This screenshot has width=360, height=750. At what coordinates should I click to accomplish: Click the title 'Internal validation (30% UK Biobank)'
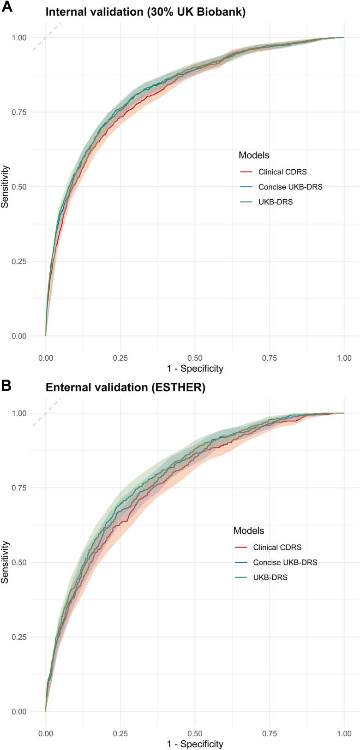click(145, 12)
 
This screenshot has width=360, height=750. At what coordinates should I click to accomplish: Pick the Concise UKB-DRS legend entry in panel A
click(290, 187)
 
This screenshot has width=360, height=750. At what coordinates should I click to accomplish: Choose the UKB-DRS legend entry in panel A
click(276, 202)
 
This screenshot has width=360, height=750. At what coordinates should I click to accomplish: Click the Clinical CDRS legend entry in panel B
click(277, 548)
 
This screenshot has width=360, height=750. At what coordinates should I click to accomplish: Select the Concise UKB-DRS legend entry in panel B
click(285, 562)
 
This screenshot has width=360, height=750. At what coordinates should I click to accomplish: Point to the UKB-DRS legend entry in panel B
click(270, 577)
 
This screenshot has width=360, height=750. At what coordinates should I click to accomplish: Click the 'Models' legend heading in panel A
click(254, 155)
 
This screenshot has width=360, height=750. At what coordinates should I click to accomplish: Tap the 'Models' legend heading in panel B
click(249, 531)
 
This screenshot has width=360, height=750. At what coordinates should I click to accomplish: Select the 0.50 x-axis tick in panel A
click(195, 357)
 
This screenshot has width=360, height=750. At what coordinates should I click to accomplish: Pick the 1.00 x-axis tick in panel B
click(344, 733)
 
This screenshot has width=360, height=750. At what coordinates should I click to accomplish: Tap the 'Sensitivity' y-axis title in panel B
click(6, 562)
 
